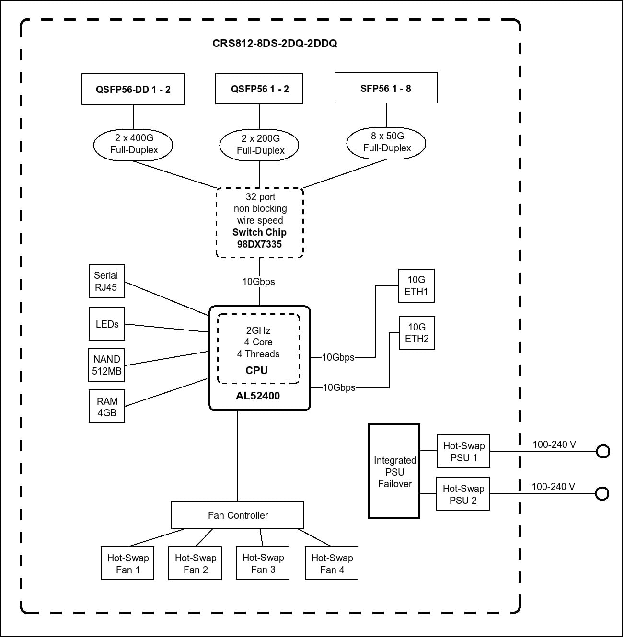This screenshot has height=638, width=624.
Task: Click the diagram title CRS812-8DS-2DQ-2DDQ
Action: click(275, 43)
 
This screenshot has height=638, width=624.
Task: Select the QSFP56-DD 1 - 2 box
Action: click(133, 89)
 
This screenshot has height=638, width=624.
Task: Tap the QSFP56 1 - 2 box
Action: click(259, 89)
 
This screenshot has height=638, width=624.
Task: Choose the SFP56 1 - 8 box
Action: click(386, 88)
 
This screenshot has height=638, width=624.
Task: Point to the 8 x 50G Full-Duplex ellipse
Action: click(386, 142)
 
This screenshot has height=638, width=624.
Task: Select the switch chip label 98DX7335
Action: click(259, 244)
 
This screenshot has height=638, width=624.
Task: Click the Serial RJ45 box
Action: click(106, 281)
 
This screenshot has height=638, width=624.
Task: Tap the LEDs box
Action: click(107, 324)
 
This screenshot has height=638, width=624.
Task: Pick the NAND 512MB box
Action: click(107, 365)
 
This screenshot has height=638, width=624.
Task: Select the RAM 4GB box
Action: click(107, 407)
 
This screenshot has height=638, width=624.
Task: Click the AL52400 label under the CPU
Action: click(258, 396)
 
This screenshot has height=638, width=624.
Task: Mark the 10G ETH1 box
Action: click(416, 285)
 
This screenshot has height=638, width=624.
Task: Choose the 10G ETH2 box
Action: click(416, 333)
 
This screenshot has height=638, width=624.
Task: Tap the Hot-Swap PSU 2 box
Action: click(463, 494)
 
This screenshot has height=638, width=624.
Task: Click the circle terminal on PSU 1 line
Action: click(602, 452)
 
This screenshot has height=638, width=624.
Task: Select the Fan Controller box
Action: click(238, 515)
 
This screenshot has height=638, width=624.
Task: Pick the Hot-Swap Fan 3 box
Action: click(263, 563)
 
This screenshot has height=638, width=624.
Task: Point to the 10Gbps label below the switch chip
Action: click(259, 282)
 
